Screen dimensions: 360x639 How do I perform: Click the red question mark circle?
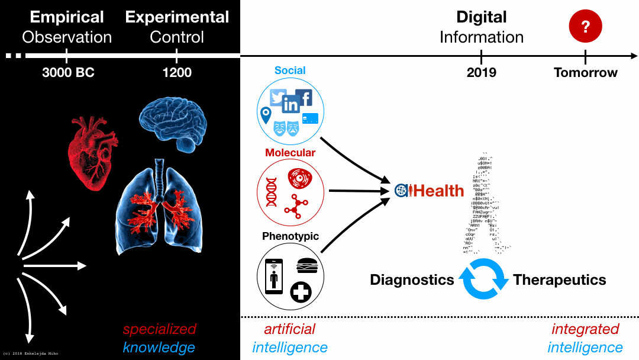(x=585, y=27)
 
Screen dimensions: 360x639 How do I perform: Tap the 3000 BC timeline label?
(x=69, y=73)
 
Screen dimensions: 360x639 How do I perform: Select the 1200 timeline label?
(x=177, y=73)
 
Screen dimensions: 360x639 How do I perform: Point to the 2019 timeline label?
(x=482, y=73)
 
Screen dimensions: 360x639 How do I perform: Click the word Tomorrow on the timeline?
(x=585, y=73)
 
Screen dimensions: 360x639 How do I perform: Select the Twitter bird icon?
(x=278, y=97)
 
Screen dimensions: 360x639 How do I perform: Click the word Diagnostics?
(x=412, y=279)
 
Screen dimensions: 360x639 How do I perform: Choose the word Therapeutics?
(x=559, y=279)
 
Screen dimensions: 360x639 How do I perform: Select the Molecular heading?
(x=290, y=153)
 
